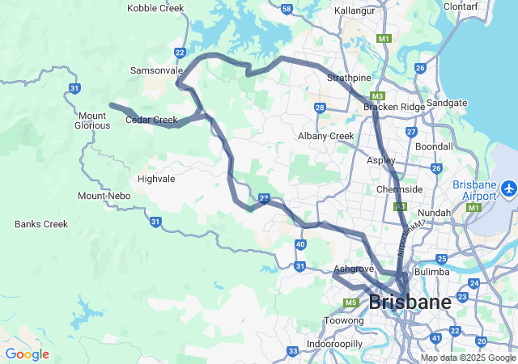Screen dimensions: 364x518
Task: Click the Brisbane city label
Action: coord(410,303)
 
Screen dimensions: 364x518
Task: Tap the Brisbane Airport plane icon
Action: coord(509,188)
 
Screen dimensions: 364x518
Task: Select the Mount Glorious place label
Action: coord(93,120)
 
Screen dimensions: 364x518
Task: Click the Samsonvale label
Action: coord(156,71)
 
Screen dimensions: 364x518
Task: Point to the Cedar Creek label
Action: coord(151,121)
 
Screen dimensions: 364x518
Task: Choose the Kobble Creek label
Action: coord(155,8)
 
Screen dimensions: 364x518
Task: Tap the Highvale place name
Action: coord(156,179)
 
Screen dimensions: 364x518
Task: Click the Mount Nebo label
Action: coord(104,197)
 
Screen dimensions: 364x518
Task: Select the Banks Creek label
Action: coord(41,224)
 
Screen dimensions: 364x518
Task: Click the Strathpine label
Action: coord(349,78)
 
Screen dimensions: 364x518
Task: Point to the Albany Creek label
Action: coord(325,136)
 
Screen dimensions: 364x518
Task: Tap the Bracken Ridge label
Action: coord(393,107)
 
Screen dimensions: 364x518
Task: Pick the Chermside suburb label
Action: coord(399,189)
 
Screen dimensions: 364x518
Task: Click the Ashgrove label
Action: coord(354,269)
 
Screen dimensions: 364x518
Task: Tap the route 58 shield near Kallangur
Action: coord(287,9)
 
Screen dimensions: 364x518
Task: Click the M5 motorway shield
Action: coord(350,303)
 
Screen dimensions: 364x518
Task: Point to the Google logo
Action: coord(27,354)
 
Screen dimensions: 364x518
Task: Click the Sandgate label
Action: coord(469,103)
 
